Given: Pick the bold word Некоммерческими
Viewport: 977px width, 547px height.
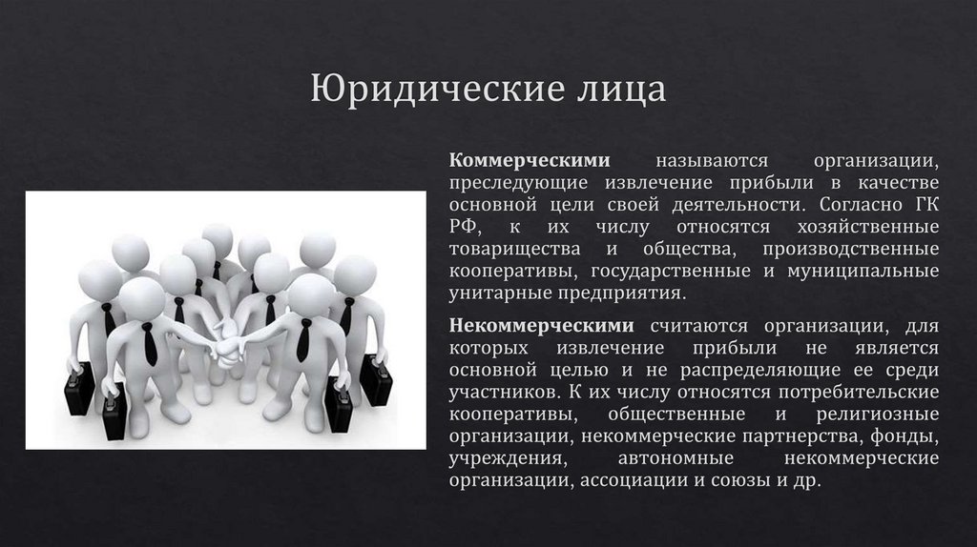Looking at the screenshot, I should pyautogui.click(x=539, y=326).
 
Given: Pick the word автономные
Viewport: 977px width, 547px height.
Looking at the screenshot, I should pyautogui.click(x=673, y=460).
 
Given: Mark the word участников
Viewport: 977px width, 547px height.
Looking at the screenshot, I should pyautogui.click(x=502, y=393).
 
